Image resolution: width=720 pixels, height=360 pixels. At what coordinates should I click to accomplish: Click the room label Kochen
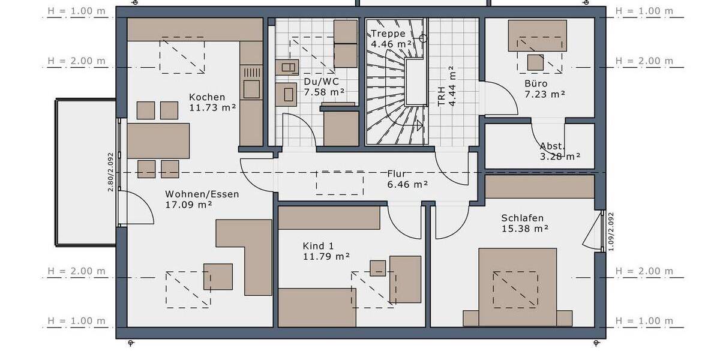pos(207,97)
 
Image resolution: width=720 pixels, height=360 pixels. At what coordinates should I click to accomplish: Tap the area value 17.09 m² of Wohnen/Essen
pos(188,205)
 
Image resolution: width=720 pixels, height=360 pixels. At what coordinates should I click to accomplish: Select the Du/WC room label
pos(316,81)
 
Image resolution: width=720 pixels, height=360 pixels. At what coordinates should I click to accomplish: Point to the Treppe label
pos(388,34)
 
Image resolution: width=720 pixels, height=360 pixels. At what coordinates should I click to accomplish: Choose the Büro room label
pos(536,83)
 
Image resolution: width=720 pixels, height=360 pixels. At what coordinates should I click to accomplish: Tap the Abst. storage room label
pos(551,146)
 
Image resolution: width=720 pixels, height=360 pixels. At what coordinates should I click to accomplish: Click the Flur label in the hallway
pos(398,174)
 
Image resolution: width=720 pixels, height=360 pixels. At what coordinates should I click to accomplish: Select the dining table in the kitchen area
pos(158,140)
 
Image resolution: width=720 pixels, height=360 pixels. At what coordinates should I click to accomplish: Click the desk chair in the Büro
pos(536,62)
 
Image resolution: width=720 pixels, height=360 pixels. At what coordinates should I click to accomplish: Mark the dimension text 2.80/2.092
pos(110,172)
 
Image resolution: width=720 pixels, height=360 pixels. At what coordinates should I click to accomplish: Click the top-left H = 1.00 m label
pos(77,11)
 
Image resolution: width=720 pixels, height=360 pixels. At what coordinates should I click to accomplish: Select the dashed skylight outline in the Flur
pos(340,182)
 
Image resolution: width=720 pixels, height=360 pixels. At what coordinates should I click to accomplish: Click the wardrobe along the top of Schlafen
pos(539,187)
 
